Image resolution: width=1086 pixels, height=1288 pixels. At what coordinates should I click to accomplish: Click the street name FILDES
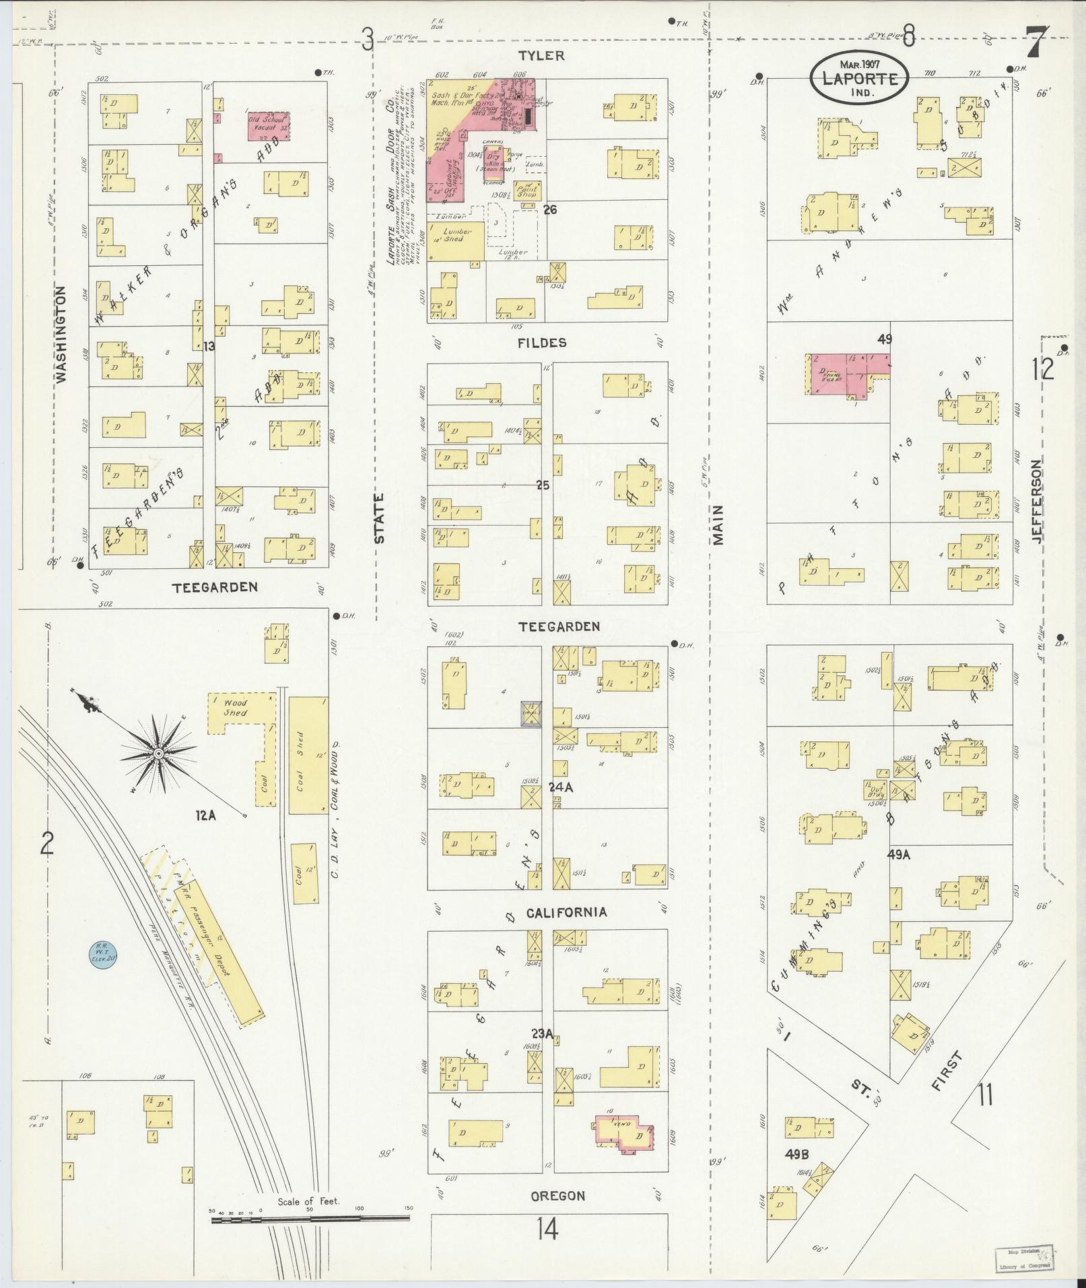point(543,343)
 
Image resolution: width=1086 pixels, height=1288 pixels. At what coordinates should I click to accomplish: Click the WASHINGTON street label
point(62,335)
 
